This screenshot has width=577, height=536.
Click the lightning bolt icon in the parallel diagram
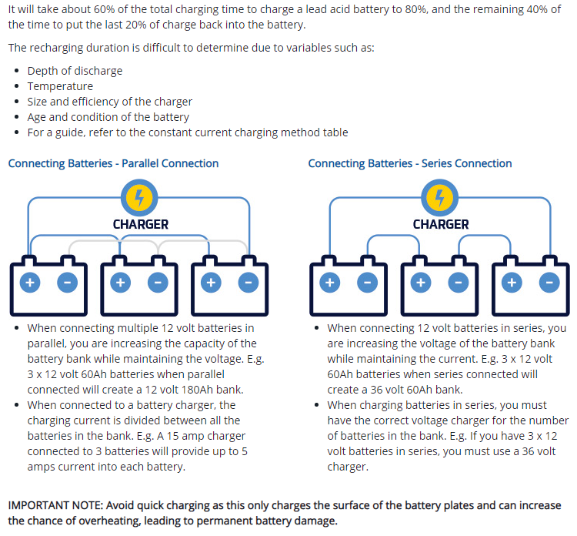pos(141,199)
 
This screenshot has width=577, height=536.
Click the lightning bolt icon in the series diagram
pos(441,199)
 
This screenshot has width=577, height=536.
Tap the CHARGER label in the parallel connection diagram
pos(141,224)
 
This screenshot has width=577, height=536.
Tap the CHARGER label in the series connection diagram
pos(441,224)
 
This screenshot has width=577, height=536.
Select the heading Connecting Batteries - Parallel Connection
pos(113,163)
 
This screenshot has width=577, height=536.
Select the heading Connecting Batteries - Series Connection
pos(410,163)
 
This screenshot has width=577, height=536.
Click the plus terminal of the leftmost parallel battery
pos(30,283)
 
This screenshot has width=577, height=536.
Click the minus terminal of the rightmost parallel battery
pos(248,283)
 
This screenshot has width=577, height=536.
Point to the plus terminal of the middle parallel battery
pos(120,283)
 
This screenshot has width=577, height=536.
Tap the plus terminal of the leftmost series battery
pos(330,283)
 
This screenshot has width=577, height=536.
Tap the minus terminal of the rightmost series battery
pos(548,283)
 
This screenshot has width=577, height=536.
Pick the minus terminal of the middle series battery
pos(458,283)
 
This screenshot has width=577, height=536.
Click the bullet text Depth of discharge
pos(75,71)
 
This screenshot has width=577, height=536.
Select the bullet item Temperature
pos(60,86)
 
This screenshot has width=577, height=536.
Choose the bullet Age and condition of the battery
pos(108,117)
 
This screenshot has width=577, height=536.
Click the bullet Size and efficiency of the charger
pos(109,102)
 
